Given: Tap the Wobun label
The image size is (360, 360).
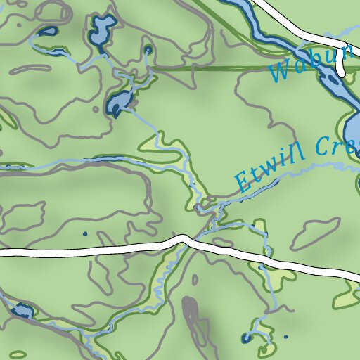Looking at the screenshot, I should point(309,63).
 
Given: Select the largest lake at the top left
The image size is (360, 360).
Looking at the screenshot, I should point(102,32).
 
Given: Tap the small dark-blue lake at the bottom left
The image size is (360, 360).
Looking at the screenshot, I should point(21,310).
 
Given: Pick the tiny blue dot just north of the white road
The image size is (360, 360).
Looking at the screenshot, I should point(85,233).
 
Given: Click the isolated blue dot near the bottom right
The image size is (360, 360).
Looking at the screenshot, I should point(286,337).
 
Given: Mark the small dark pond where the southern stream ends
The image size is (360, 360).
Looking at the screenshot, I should point(245,339).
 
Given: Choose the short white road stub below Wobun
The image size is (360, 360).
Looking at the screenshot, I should point(341,65).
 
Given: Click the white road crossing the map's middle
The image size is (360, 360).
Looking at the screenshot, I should point(105,248).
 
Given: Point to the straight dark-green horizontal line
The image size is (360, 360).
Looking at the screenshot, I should point(211,69).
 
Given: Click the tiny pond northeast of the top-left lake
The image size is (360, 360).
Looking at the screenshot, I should point(148,51).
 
